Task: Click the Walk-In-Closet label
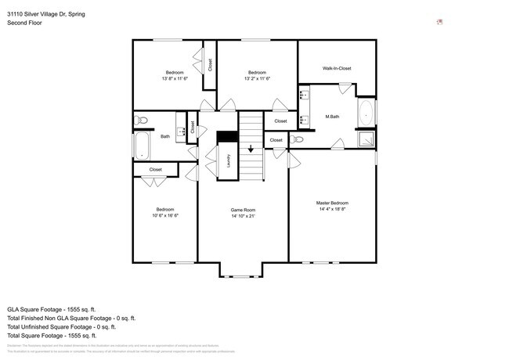click(337, 68)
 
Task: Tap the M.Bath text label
click(332, 117)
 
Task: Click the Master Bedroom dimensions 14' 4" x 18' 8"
click(332, 209)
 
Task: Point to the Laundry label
click(229, 160)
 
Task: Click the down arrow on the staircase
click(251, 148)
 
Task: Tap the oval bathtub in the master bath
click(366, 114)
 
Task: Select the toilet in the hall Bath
click(141, 121)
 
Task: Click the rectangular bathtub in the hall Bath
click(142, 146)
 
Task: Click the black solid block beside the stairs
click(227, 136)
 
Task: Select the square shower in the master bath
click(366, 139)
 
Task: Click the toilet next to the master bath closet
click(297, 139)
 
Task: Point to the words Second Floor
click(24, 23)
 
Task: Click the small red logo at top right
click(441, 22)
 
